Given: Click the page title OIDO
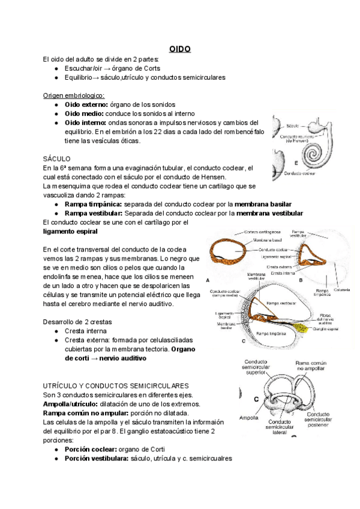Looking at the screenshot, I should [179, 49].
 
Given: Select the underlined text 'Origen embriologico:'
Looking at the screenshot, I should [74, 95].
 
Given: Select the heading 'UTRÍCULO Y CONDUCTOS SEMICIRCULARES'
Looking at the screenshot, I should [116, 385].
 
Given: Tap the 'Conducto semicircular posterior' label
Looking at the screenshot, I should [325, 419].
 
